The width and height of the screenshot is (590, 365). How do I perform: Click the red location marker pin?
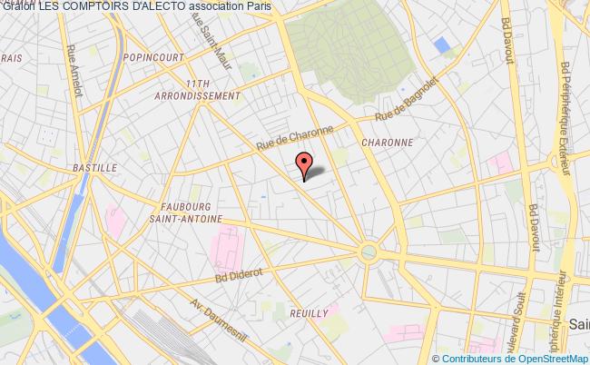[x=305, y=163]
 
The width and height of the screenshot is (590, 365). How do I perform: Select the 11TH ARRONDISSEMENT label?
[x=210, y=89]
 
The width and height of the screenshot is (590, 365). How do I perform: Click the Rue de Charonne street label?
[x=293, y=138]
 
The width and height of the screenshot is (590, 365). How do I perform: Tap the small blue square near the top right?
[x=442, y=44]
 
